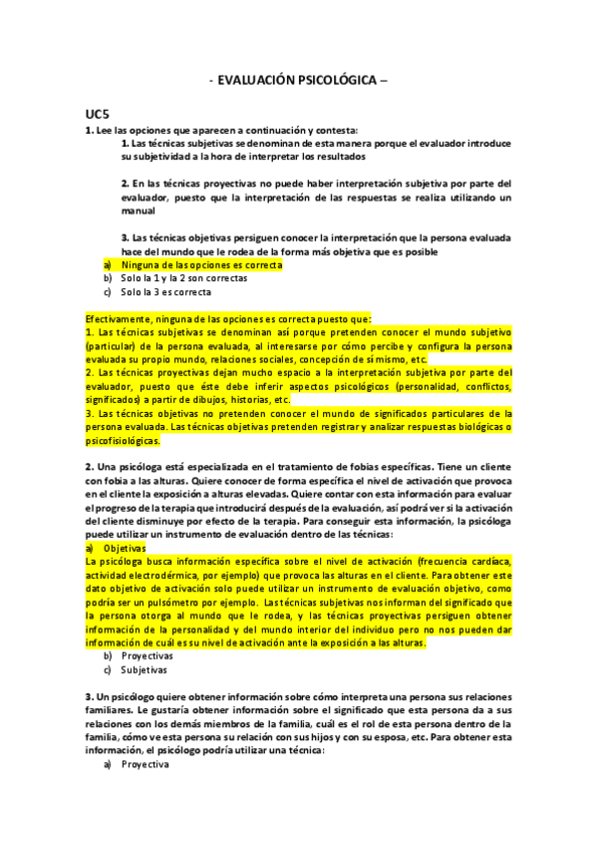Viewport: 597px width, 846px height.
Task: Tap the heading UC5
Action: point(97,116)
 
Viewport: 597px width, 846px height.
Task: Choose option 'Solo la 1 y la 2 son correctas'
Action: point(176,279)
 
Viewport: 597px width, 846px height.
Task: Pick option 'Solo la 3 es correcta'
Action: point(165,292)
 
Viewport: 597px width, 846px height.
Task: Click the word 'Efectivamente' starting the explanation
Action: point(116,317)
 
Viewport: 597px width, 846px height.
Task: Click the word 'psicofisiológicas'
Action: point(123,440)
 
